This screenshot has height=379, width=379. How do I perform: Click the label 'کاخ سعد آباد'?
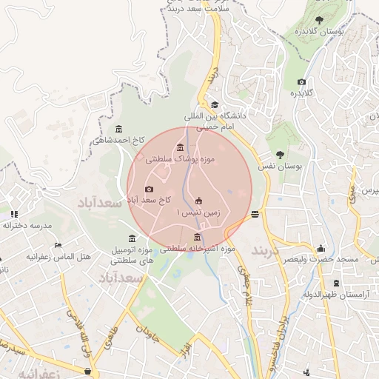coord(152,200)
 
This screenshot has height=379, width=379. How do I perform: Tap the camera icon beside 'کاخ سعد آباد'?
coord(150,189)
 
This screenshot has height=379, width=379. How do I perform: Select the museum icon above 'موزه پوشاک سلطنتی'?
coord(181,147)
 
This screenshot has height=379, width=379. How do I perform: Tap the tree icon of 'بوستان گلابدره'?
coord(319,20)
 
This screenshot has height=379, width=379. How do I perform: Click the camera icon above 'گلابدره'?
coord(301,82)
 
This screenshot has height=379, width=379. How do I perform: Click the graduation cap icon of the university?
coord(215,105)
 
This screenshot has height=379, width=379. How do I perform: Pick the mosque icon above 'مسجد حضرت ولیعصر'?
coord(320,249)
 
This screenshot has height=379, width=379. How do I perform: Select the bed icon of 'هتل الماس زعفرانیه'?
coord(58,246)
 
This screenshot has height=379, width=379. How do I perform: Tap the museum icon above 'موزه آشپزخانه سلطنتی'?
coord(197,238)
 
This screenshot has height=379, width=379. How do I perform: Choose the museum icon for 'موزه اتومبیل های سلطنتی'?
coord(132,238)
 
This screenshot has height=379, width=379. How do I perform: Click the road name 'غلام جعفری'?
coord(244,285)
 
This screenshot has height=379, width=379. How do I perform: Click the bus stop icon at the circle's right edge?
coord(255,214)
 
